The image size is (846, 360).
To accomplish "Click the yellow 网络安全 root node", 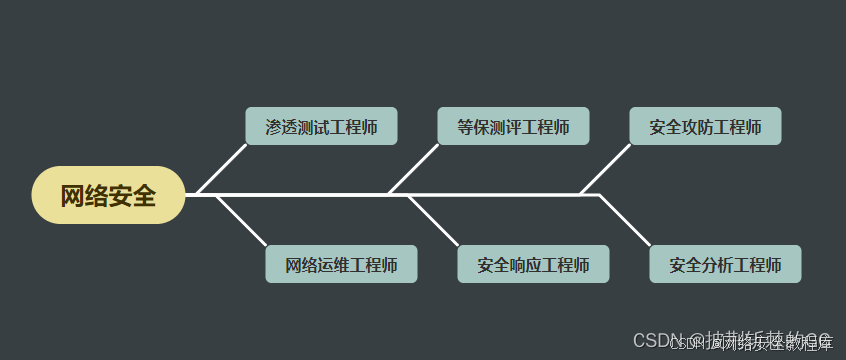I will [108, 195].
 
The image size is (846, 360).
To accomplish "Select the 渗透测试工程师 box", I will [321, 127].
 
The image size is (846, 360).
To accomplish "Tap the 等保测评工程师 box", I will [513, 127].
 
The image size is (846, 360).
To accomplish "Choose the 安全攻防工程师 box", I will [705, 127].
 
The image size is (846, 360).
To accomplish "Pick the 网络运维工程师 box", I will [341, 264].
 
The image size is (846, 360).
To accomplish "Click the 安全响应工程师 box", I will [533, 264].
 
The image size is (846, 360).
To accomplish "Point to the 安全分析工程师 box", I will [725, 264].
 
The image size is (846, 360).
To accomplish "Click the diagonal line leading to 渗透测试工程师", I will [222, 169].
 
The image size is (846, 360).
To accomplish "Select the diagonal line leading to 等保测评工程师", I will [414, 169].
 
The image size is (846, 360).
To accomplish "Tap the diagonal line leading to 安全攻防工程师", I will [606, 169].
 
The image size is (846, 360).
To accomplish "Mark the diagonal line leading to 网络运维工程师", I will [241, 220].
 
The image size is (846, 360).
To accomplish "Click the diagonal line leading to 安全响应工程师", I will [433, 220].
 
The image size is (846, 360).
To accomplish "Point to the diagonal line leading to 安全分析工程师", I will [625, 220].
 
